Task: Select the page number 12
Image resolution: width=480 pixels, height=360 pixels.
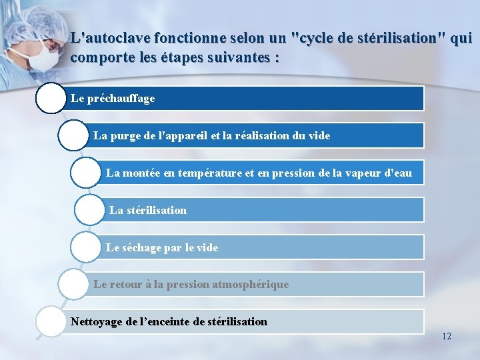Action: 446,336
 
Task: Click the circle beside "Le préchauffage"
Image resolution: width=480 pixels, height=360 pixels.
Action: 51,98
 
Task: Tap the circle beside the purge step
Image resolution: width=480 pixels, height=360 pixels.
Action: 73,135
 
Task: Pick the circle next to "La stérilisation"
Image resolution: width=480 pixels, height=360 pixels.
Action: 90,210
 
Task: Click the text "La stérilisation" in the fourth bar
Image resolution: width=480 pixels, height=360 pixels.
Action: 148,210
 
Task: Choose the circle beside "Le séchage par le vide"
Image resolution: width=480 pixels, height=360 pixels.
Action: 86,247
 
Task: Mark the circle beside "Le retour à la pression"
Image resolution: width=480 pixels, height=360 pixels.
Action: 73,285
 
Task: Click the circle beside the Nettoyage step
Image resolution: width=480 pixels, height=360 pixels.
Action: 51,322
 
